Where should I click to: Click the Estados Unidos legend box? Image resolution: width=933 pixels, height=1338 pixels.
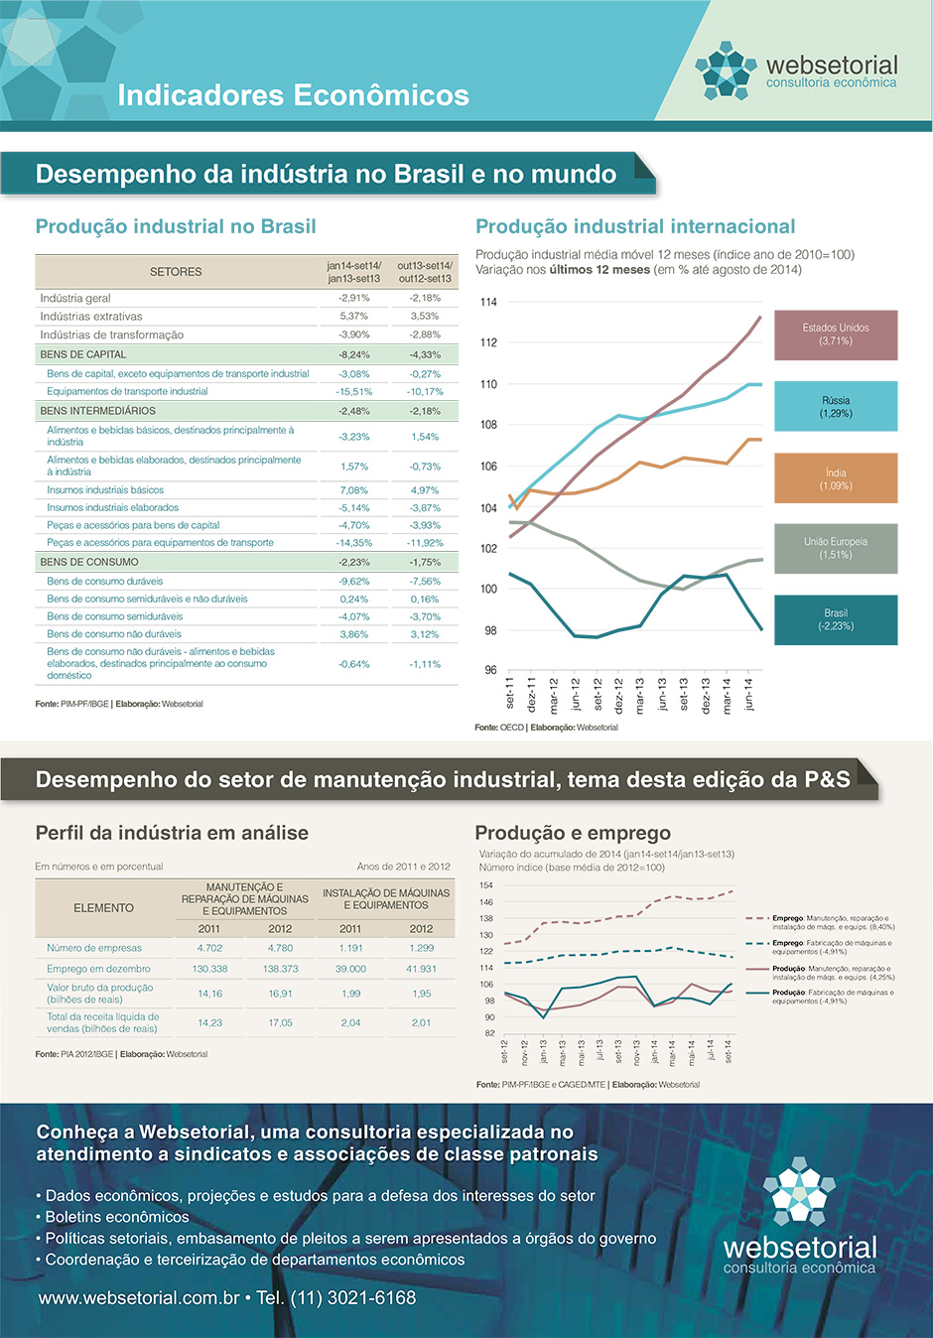[836, 334]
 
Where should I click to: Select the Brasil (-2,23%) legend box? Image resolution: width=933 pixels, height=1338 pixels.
[836, 619]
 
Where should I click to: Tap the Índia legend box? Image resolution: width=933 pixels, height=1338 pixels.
[836, 478]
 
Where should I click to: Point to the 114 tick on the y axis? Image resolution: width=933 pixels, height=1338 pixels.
[488, 302]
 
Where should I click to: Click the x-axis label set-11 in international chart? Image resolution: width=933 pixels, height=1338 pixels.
[510, 693]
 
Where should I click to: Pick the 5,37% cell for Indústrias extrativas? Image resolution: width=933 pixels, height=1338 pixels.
[353, 316]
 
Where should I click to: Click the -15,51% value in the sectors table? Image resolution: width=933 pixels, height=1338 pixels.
[353, 391]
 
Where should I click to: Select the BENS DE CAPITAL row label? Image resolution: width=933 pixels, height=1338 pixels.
[83, 354]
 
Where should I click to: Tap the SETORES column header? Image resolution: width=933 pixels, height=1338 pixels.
[176, 272]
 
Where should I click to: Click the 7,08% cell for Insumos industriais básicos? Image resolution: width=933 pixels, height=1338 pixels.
[353, 489]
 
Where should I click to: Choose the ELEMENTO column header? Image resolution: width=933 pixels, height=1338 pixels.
[103, 907]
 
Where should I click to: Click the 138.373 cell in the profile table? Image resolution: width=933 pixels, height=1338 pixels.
[280, 968]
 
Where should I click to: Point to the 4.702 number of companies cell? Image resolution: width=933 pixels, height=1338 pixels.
[209, 948]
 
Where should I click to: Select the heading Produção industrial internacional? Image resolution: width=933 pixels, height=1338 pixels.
[635, 226]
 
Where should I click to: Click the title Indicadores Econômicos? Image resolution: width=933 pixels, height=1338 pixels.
[293, 95]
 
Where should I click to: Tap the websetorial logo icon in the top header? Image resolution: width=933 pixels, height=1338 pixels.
[725, 70]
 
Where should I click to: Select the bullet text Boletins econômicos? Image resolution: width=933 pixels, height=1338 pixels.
[116, 1217]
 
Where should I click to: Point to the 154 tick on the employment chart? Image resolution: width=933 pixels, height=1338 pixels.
[486, 885]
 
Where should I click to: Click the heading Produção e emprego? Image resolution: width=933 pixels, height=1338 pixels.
[573, 833]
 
